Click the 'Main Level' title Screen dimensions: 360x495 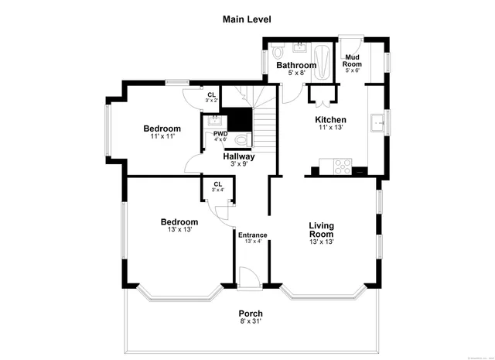coord(247,19)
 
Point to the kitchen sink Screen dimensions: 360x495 coord(377,121)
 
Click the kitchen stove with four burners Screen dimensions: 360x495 coord(341,164)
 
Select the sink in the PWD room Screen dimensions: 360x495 coord(214,122)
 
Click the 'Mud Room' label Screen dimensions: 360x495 coord(352,61)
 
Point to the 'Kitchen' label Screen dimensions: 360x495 coord(330,120)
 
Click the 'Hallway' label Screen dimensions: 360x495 coord(239,156)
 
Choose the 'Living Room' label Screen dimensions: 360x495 coord(321,230)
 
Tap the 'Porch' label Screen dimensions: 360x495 coord(250,314)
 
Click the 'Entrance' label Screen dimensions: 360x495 coord(252,235)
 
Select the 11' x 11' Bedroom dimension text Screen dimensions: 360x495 coord(162,136)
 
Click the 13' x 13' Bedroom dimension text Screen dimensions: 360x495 coord(179,229)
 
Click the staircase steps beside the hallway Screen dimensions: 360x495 coord(265,127)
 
